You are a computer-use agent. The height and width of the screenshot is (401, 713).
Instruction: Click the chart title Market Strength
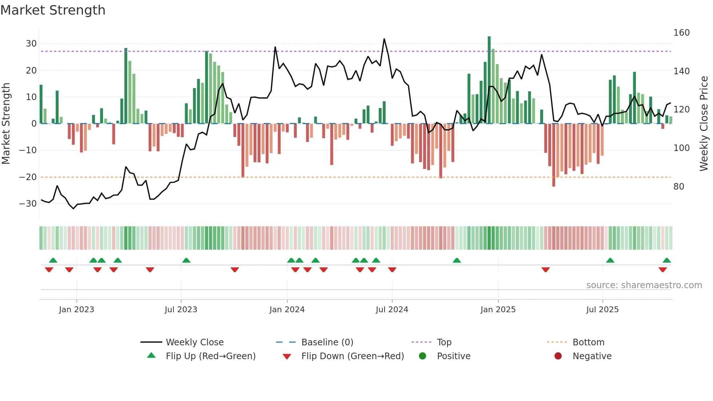click(x=53, y=10)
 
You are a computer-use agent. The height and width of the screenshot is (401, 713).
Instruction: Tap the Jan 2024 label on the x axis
click(x=287, y=310)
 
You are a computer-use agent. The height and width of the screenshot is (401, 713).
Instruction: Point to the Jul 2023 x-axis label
click(x=181, y=310)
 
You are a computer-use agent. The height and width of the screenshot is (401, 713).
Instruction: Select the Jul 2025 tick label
click(x=602, y=310)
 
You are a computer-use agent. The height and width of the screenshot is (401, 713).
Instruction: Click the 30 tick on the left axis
click(x=31, y=44)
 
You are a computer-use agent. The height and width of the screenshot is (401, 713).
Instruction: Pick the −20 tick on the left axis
click(x=28, y=177)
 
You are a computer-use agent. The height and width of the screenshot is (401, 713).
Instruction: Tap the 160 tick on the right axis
click(x=681, y=33)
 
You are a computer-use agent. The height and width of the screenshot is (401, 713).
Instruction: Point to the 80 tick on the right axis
click(x=679, y=187)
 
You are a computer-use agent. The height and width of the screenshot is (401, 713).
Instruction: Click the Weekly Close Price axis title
click(x=704, y=124)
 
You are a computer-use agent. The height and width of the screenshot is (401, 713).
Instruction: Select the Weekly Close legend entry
click(x=195, y=342)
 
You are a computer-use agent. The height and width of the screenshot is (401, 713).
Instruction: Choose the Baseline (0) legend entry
click(x=327, y=342)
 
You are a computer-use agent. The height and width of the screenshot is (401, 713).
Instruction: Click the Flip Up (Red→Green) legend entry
click(x=211, y=356)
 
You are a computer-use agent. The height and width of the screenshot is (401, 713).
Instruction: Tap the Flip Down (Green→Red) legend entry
click(x=352, y=356)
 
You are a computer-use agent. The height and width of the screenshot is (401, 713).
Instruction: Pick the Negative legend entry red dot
click(x=558, y=356)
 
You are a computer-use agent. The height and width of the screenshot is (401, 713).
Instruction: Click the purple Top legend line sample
click(x=421, y=342)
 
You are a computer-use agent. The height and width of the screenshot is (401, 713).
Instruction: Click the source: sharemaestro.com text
click(x=644, y=285)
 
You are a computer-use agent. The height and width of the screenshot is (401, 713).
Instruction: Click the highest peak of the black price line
click(x=384, y=39)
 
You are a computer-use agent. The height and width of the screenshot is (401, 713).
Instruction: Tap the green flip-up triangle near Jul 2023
click(x=186, y=260)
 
